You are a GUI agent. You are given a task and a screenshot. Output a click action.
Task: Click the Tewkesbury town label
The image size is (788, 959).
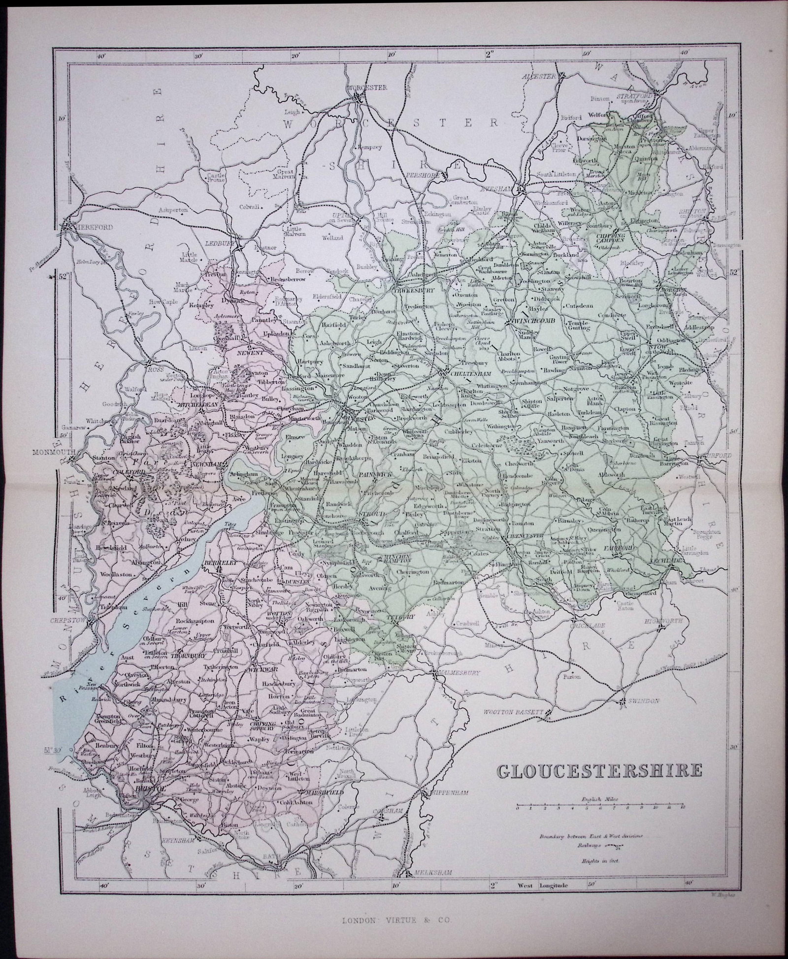[413, 291]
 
